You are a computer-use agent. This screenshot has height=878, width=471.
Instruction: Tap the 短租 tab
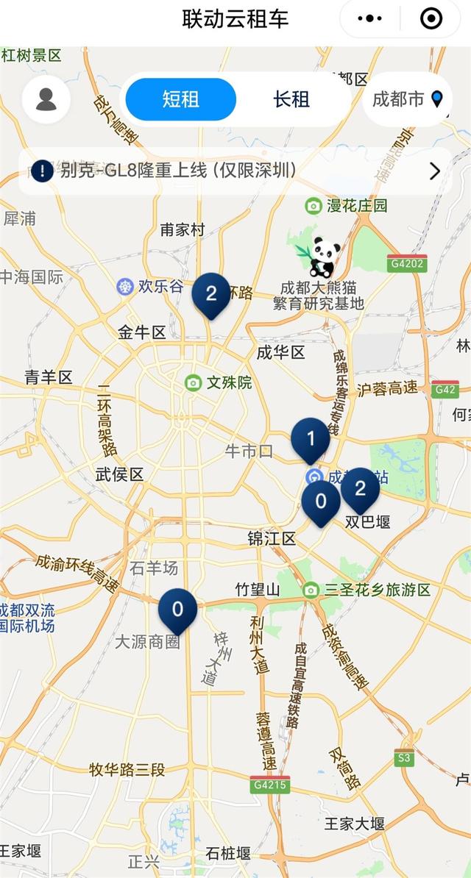(180, 99)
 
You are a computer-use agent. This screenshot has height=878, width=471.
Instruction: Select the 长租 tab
(291, 99)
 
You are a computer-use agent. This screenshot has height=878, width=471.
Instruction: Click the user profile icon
(46, 99)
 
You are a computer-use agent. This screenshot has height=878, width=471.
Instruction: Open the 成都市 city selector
(407, 99)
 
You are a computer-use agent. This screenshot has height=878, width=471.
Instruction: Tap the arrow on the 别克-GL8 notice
(435, 171)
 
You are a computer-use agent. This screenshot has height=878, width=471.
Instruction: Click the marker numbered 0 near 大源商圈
(177, 610)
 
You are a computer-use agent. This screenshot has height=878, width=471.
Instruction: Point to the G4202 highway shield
(407, 263)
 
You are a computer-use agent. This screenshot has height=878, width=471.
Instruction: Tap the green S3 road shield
(404, 757)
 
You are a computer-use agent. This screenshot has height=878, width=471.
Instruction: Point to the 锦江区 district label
(272, 539)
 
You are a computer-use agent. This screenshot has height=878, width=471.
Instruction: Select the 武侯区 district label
(120, 474)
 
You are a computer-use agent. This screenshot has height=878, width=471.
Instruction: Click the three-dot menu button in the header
(369, 18)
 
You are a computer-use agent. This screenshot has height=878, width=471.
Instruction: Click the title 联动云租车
(235, 18)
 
